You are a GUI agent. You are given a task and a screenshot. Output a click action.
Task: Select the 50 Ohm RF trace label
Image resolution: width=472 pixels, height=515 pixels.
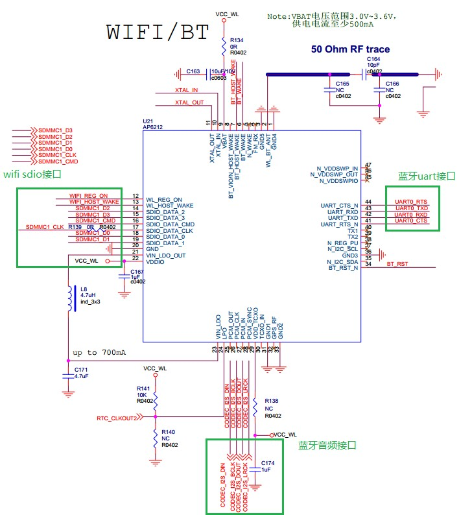point(351,49)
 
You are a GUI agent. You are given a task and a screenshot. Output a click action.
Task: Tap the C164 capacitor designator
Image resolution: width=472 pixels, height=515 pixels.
point(374,59)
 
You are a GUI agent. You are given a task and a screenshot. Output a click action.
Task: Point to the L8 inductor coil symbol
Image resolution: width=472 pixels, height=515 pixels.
point(68,297)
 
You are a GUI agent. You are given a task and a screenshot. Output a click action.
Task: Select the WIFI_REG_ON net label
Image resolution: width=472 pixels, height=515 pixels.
point(88,195)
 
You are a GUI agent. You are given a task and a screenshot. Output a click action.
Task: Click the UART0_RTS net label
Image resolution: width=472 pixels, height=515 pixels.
point(412,202)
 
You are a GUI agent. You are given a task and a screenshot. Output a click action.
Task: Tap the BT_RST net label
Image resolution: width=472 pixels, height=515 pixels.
point(397,265)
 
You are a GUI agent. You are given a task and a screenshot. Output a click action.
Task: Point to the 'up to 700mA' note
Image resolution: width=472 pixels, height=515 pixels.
point(99,352)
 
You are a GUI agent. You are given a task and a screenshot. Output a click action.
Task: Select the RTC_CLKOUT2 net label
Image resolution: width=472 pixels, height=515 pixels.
point(117,418)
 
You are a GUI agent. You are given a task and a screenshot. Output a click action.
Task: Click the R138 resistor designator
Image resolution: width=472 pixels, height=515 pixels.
point(272,401)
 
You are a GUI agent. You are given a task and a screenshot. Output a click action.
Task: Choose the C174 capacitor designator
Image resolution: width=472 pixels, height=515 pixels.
point(268,463)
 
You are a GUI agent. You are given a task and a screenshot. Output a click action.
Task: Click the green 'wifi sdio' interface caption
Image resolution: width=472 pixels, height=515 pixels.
point(32,174)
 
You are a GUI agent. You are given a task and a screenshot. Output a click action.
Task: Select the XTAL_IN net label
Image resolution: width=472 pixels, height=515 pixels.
point(186,90)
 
